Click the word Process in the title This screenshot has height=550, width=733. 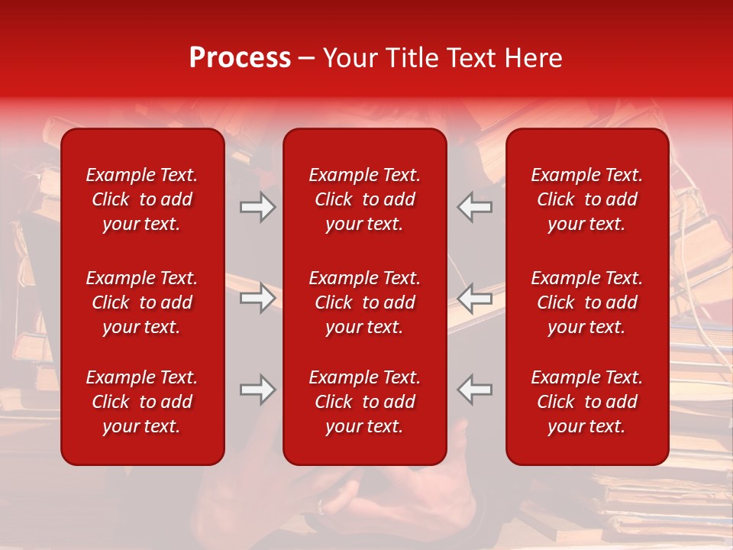[240, 58]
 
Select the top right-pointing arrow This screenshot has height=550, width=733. [257, 207]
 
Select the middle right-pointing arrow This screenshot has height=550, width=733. [257, 298]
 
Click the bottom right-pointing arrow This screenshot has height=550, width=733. [257, 390]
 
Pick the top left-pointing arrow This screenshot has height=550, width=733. [475, 207]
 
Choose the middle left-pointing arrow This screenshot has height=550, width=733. [475, 298]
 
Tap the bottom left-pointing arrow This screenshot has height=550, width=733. [475, 390]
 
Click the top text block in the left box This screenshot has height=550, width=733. [142, 199]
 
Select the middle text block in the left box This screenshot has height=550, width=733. [142, 302]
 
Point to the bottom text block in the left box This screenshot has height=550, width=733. [142, 402]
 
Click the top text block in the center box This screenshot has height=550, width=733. [364, 199]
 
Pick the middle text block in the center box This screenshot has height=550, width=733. [364, 302]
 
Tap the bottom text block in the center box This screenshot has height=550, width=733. [364, 402]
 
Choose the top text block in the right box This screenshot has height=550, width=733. [586, 199]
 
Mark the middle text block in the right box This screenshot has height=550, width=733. [586, 302]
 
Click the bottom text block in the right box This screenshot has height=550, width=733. [586, 402]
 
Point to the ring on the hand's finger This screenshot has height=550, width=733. [322, 506]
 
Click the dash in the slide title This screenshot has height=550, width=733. [307, 59]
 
